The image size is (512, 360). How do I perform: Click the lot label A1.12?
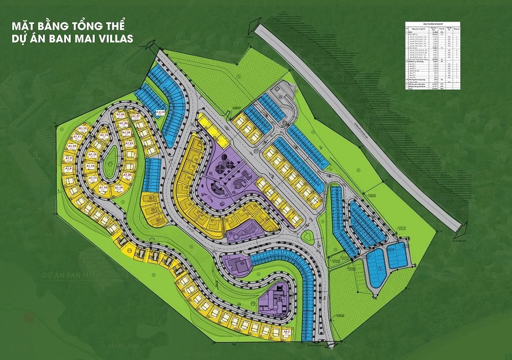[83, 129]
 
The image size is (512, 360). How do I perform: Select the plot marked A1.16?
[90, 166]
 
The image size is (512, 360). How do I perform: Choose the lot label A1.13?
[104, 135]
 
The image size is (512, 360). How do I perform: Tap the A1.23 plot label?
[130, 144]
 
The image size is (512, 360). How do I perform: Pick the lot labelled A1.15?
[93, 155]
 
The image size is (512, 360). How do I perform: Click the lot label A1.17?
[93, 178]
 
